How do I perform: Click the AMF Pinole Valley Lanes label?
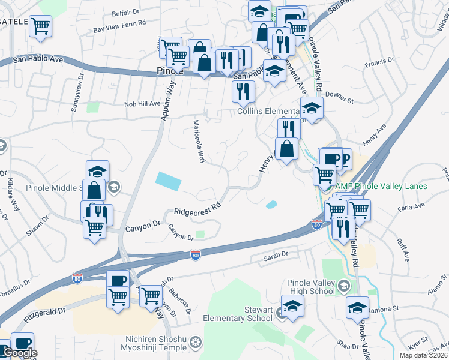tap(381, 186)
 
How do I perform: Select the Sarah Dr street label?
tap(276, 257)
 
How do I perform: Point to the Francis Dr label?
tap(378, 63)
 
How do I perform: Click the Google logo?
tap(19, 353)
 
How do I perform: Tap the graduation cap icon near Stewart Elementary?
tap(292, 306)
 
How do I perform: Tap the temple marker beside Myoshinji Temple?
tap(194, 344)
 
